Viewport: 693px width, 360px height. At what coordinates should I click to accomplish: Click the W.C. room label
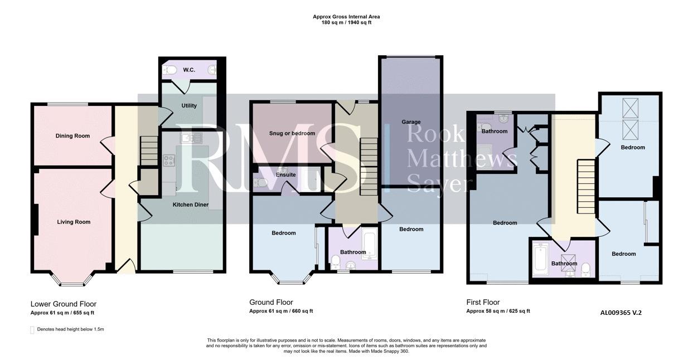pyautogui.click(x=189, y=70)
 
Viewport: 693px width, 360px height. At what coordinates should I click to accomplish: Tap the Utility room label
pyautogui.click(x=189, y=105)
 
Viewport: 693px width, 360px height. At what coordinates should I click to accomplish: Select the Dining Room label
pyautogui.click(x=72, y=136)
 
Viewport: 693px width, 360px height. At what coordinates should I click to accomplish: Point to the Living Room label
pyautogui.click(x=74, y=222)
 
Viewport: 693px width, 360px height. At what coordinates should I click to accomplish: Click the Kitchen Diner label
pyautogui.click(x=191, y=205)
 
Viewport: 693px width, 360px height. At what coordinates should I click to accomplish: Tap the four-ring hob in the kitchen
pyautogui.click(x=169, y=160)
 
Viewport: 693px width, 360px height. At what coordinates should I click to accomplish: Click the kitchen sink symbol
pyautogui.click(x=191, y=138)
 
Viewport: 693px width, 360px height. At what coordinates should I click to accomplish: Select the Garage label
pyautogui.click(x=411, y=122)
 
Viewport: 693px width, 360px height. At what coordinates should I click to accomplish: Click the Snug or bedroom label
pyautogui.click(x=292, y=133)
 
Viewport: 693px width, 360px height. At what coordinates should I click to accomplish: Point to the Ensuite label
pyautogui.click(x=286, y=175)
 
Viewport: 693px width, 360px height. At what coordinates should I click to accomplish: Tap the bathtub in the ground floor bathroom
pyautogui.click(x=369, y=245)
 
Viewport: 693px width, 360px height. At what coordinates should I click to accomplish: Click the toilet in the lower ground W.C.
pyautogui.click(x=169, y=70)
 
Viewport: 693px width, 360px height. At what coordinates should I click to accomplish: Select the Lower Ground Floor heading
pyautogui.click(x=64, y=304)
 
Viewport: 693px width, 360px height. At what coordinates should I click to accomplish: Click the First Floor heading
pyautogui.click(x=483, y=302)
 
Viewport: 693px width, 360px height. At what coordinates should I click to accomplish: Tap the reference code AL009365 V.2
pyautogui.click(x=621, y=313)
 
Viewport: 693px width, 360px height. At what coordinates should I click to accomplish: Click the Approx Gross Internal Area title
pyautogui.click(x=346, y=17)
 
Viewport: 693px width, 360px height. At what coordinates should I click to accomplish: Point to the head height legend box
pyautogui.click(x=32, y=330)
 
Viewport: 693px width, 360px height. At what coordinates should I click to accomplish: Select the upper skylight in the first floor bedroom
pyautogui.click(x=630, y=108)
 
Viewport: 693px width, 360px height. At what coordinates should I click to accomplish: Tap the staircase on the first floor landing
pyautogui.click(x=587, y=186)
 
